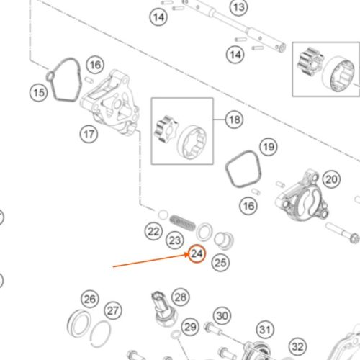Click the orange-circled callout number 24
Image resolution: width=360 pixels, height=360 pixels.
[197, 253]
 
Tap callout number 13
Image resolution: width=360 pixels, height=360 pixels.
[239, 7]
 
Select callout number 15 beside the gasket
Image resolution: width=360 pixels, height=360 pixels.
[39, 93]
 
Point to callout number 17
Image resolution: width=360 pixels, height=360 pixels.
[89, 134]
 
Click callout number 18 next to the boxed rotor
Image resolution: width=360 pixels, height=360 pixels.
[235, 120]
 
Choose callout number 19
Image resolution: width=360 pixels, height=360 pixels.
[269, 147]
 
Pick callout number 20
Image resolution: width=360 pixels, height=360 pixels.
[331, 179]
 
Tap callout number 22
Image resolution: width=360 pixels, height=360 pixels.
[153, 231]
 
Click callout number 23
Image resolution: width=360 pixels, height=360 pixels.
[175, 240]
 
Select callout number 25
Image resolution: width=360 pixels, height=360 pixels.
[220, 263]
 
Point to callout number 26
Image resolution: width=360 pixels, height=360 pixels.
[90, 299]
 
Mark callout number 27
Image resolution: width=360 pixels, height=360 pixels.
[113, 310]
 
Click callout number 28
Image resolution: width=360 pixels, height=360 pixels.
[181, 297]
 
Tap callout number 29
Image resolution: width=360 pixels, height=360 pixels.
[190, 327]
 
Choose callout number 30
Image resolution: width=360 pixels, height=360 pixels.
[222, 315]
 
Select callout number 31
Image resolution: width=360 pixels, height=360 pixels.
[265, 330]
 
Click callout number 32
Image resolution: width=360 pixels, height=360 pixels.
[298, 346]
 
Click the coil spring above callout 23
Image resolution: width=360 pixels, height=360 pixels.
[182, 223]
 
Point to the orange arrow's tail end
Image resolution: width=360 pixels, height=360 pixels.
[113, 266]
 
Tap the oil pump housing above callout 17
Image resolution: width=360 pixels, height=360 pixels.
[110, 102]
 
